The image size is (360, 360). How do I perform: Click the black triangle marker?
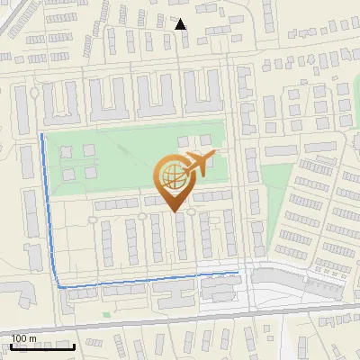click(x=181, y=24)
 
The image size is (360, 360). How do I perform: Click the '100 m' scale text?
click(x=22, y=337)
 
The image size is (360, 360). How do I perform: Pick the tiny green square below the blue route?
click(x=107, y=314)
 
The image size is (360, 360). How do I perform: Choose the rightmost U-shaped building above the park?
click(x=202, y=98)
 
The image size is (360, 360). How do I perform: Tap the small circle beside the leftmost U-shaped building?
click(x=35, y=93)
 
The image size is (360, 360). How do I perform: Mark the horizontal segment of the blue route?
click(x=144, y=278)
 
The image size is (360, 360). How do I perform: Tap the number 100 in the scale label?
click(x=18, y=337)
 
